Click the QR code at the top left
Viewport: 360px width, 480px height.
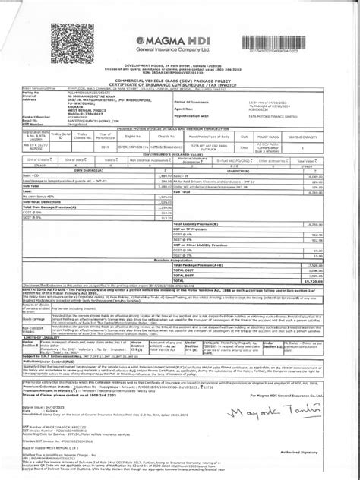(69, 23)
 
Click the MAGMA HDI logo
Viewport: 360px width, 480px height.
(179, 43)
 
